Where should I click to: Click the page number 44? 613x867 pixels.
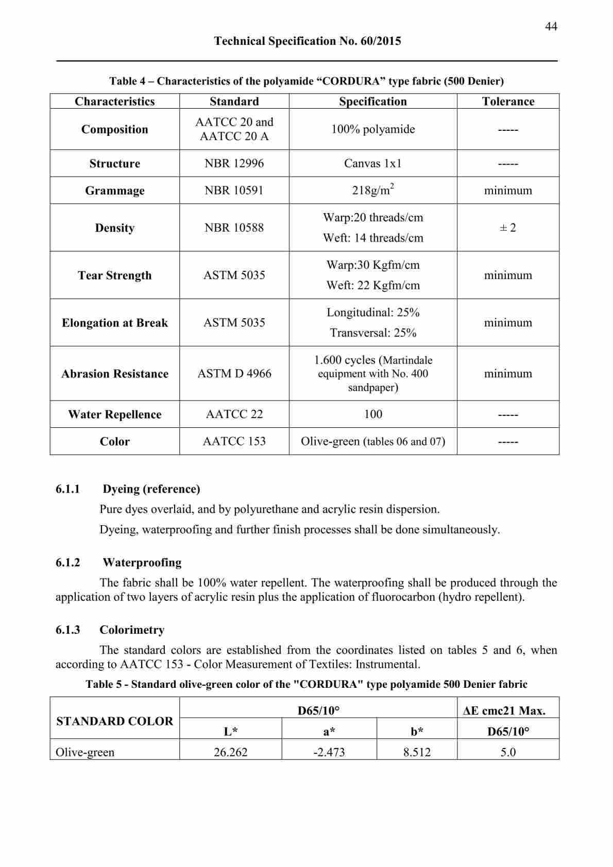pyautogui.click(x=551, y=26)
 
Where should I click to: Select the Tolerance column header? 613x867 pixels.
pyautogui.click(x=508, y=101)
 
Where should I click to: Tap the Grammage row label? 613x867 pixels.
pyautogui.click(x=114, y=190)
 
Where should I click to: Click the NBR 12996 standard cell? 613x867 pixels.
pyautogui.click(x=234, y=163)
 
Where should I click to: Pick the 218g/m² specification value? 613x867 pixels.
pyautogui.click(x=373, y=190)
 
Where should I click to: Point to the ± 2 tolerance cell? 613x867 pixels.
pyautogui.click(x=508, y=228)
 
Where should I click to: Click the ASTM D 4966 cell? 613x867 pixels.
pyautogui.click(x=234, y=373)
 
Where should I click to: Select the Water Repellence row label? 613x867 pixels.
pyautogui.click(x=114, y=414)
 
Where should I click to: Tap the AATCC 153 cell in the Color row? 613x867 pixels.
pyautogui.click(x=234, y=441)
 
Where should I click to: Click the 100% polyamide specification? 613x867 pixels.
pyautogui.click(x=373, y=129)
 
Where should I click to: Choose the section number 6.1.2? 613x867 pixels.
pyautogui.click(x=68, y=562)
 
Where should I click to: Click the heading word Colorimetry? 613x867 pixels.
pyautogui.click(x=132, y=630)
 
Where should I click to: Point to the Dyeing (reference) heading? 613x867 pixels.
pyautogui.click(x=151, y=489)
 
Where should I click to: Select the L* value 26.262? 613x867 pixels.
pyautogui.click(x=230, y=752)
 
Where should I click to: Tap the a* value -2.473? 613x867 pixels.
pyautogui.click(x=329, y=752)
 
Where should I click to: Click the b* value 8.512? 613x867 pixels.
pyautogui.click(x=417, y=752)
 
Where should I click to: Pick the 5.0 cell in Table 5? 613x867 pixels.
pyautogui.click(x=508, y=752)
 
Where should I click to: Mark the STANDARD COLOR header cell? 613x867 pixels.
pyautogui.click(x=114, y=721)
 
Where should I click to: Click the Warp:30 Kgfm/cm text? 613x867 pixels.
pyautogui.click(x=373, y=265)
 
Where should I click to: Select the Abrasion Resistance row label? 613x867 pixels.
pyautogui.click(x=114, y=374)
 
